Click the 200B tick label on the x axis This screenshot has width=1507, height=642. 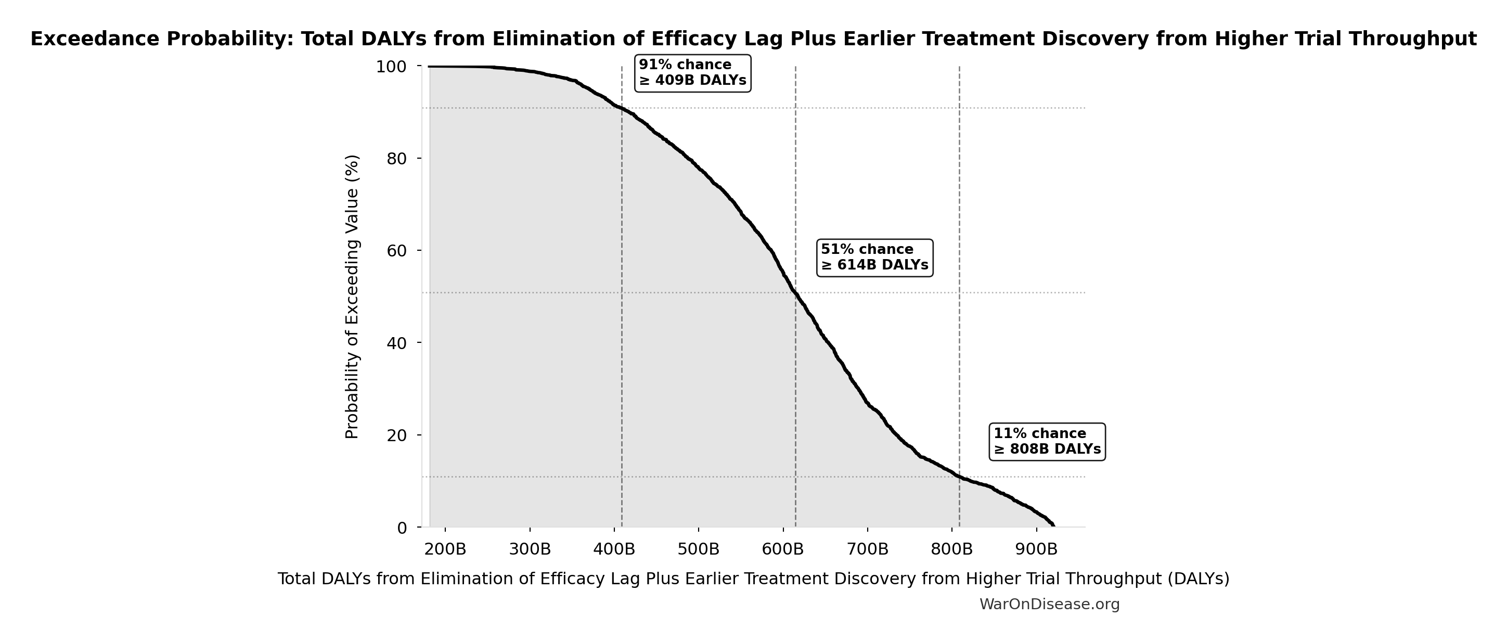click(x=445, y=549)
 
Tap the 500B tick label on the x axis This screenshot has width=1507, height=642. click(x=699, y=549)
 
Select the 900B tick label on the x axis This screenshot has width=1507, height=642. click(x=1037, y=549)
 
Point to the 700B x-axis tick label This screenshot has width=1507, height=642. click(x=868, y=549)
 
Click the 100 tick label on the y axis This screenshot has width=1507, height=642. click(x=391, y=67)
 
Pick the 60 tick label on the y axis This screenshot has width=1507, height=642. click(x=396, y=251)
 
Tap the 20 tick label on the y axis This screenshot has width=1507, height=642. click(x=396, y=435)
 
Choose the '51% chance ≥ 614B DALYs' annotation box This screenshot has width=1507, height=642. click(x=874, y=258)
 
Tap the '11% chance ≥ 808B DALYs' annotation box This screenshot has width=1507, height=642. click(x=1047, y=442)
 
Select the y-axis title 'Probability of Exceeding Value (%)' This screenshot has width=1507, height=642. click(x=352, y=297)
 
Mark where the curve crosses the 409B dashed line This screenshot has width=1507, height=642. click(x=622, y=108)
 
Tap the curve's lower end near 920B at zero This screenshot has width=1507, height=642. click(x=1053, y=525)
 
